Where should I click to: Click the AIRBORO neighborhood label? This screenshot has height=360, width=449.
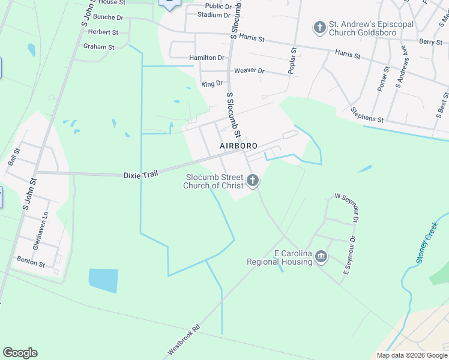pyautogui.click(x=238, y=146)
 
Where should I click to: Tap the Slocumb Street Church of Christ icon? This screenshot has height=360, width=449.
pyautogui.click(x=253, y=180)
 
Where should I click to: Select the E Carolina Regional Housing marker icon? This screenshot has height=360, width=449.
pyautogui.click(x=321, y=257)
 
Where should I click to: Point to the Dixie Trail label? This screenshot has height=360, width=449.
pyautogui.click(x=140, y=175)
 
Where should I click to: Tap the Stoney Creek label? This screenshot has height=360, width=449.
pyautogui.click(x=429, y=242)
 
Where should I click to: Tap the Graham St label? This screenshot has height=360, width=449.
pyautogui.click(x=98, y=46)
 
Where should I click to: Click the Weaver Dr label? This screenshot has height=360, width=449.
pyautogui.click(x=249, y=70)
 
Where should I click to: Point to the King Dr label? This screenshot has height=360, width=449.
pyautogui.click(x=212, y=83)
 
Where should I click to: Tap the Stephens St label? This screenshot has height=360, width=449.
pyautogui.click(x=367, y=115)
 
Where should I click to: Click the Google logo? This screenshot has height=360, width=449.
pyautogui.click(x=20, y=353)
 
